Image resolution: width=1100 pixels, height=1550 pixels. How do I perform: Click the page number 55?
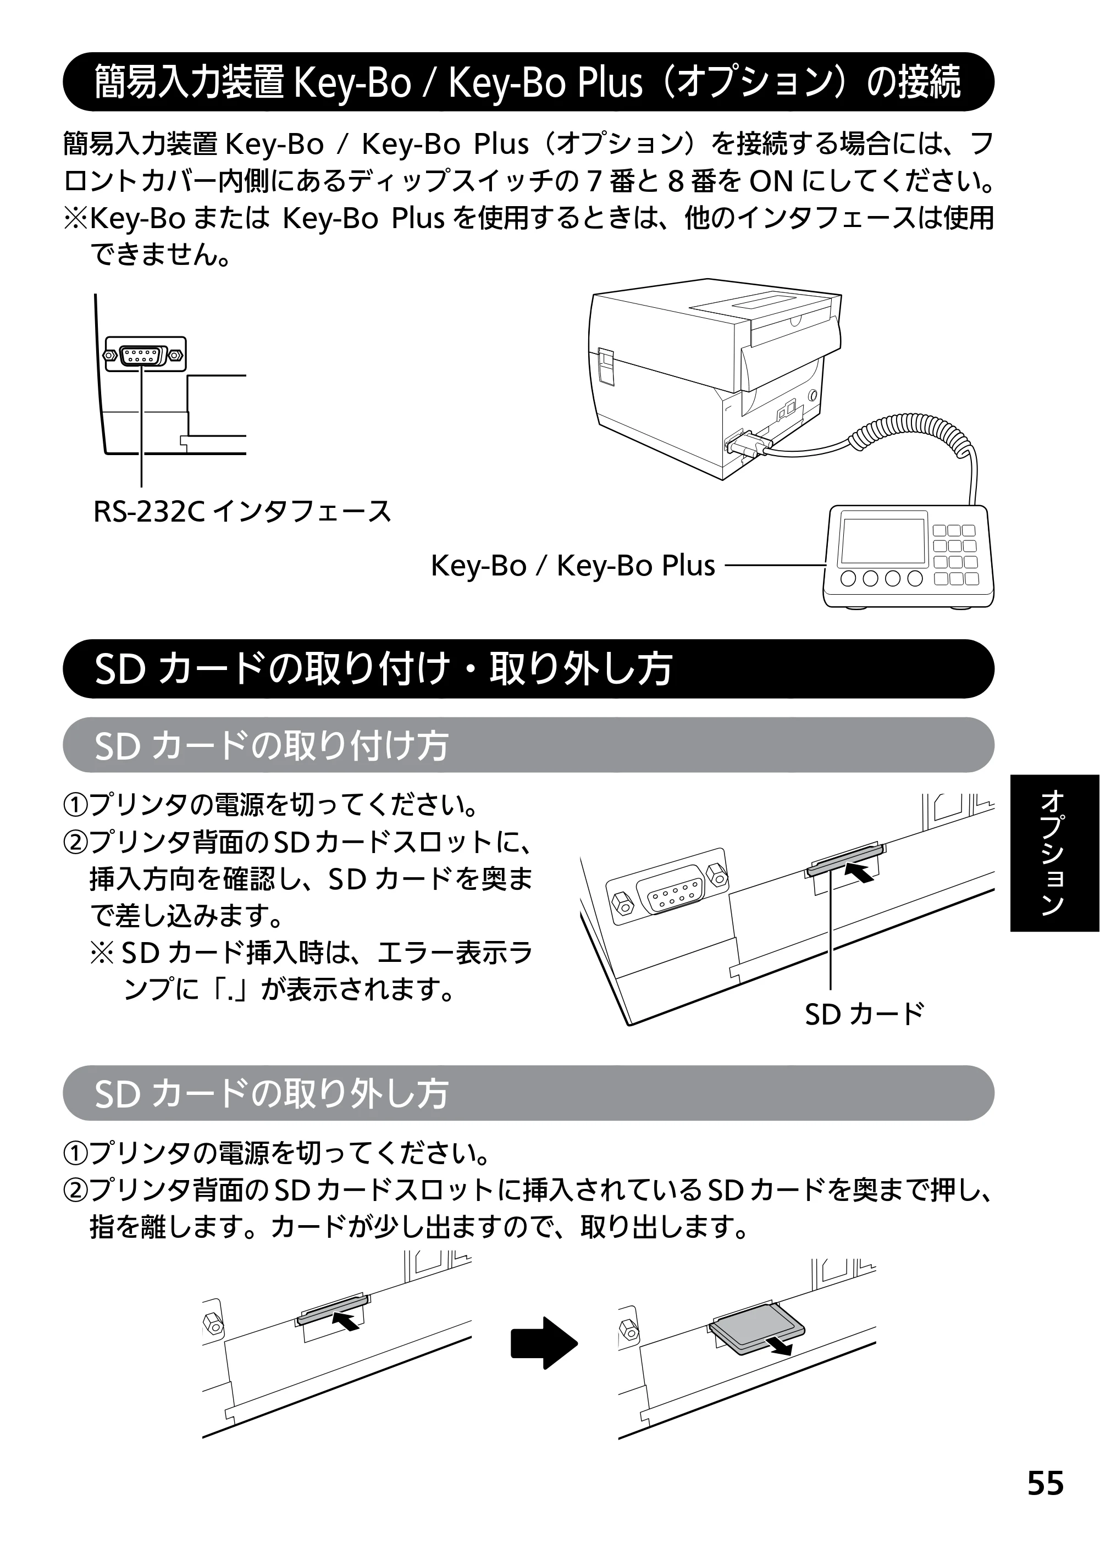(1046, 1483)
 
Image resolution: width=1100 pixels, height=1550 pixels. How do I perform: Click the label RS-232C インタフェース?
(242, 512)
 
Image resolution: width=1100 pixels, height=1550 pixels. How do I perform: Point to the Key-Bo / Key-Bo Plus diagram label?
(573, 566)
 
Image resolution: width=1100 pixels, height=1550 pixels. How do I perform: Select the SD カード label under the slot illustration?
(864, 1014)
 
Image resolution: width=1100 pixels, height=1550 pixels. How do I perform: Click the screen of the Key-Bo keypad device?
(882, 542)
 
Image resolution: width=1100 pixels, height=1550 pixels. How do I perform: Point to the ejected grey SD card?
(758, 1328)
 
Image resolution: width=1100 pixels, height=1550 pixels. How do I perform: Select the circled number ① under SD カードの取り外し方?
(75, 1153)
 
